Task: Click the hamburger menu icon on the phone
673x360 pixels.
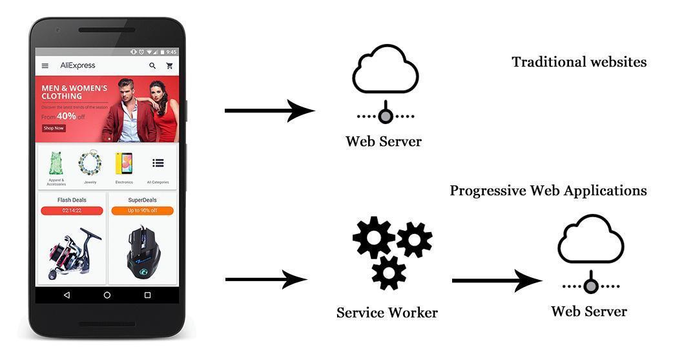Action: (45, 66)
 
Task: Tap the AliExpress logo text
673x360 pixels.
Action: (78, 65)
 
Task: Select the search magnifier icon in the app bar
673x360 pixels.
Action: (152, 66)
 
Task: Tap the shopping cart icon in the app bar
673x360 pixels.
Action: (169, 66)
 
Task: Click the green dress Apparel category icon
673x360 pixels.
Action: (56, 164)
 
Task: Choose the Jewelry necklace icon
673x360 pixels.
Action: (90, 163)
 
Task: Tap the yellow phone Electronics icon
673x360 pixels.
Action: (124, 164)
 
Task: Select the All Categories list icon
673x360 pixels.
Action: (158, 163)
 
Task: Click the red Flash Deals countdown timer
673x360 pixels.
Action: (72, 211)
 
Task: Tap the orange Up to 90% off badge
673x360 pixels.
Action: (142, 211)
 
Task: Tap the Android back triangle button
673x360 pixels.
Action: (67, 295)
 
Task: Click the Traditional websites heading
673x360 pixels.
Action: (579, 62)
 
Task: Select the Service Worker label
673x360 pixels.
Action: (387, 313)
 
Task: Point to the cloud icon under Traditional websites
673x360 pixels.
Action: (386, 69)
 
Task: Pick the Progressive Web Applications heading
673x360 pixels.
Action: (548, 191)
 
